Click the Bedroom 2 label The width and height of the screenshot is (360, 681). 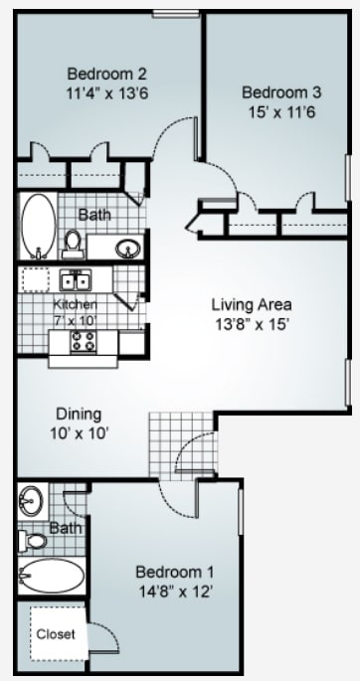pos(107,74)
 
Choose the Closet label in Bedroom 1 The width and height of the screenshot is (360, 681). pos(55,633)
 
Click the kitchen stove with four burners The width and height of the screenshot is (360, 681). pos(82,342)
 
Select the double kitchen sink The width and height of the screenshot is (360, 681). pos(74,279)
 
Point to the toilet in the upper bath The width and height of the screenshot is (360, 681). pos(72,241)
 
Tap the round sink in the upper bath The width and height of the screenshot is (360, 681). pos(127,248)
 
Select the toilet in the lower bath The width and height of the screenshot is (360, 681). pos(32,542)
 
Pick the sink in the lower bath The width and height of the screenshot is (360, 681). pos(30,498)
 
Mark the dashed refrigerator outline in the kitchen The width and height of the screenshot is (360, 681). pos(37,279)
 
